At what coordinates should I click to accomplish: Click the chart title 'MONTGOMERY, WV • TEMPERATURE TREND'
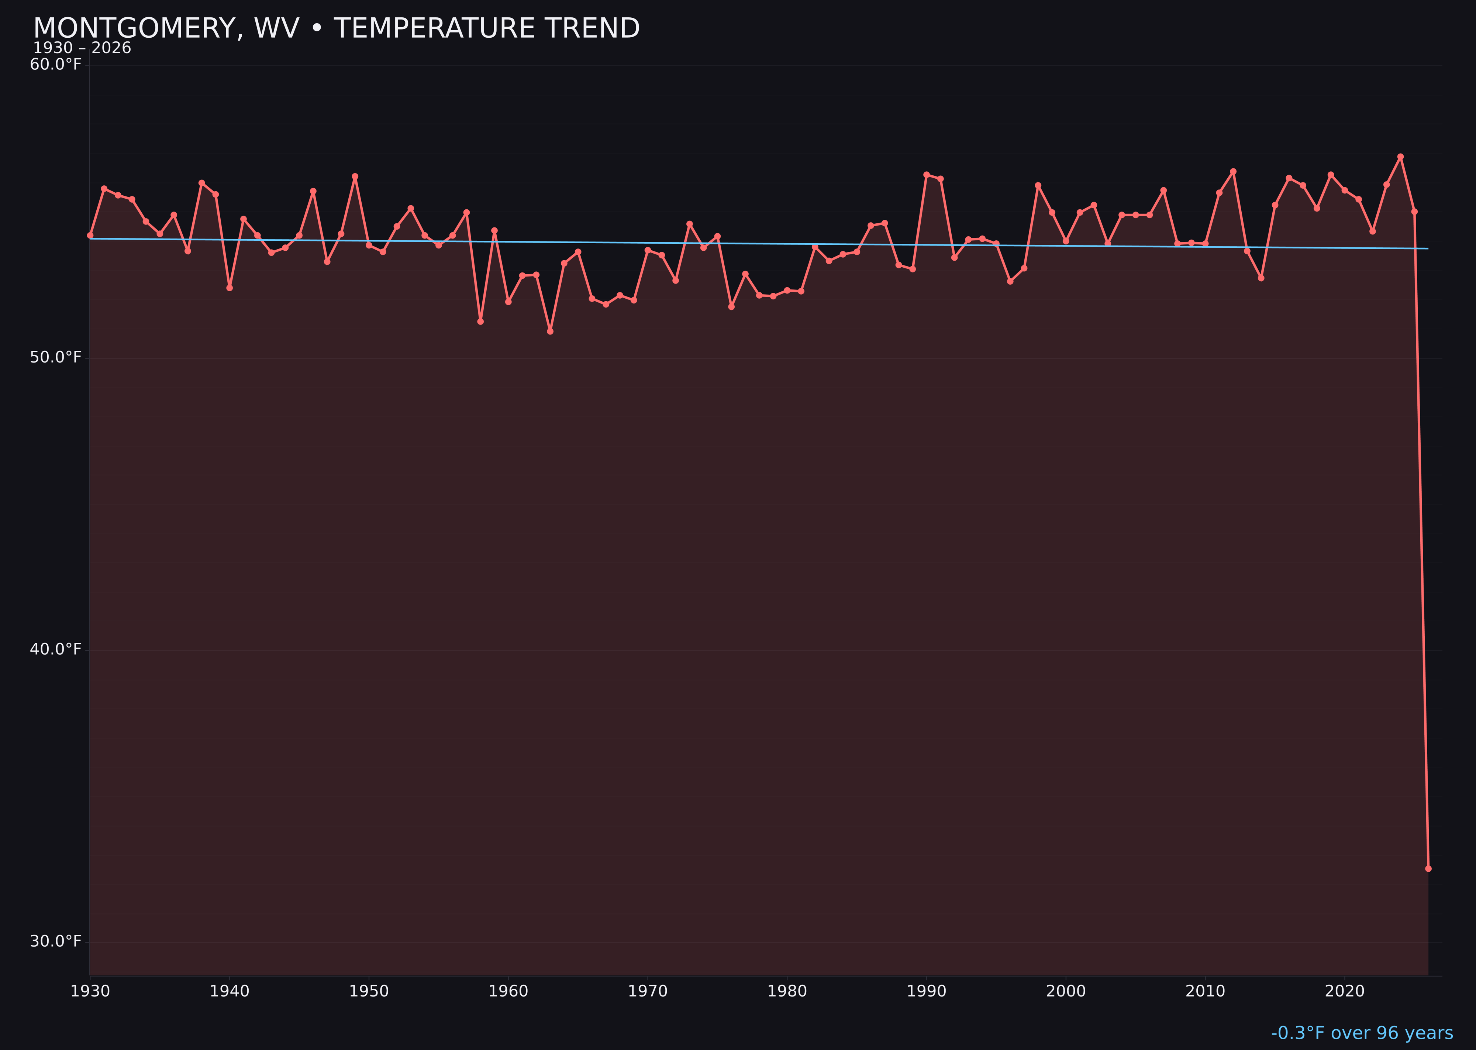[x=336, y=28]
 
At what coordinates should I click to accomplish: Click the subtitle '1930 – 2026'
[x=82, y=48]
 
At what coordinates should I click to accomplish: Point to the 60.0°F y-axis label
[x=56, y=65]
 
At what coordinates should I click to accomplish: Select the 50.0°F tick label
[x=56, y=357]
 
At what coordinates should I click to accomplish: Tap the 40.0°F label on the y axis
[x=56, y=649]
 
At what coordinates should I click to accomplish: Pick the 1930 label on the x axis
[x=90, y=991]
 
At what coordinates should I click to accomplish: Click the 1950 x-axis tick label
[x=369, y=991]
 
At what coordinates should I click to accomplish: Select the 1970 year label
[x=648, y=991]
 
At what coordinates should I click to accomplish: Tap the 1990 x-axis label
[x=927, y=991]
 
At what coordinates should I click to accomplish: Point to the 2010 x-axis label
[x=1205, y=991]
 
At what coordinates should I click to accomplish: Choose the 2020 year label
[x=1345, y=991]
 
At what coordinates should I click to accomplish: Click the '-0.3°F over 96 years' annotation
[x=1362, y=1033]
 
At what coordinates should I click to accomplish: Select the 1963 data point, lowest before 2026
[x=550, y=332]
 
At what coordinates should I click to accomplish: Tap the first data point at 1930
[x=90, y=235]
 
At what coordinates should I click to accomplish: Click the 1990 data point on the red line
[x=927, y=175]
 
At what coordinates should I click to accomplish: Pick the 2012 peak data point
[x=1233, y=171]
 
